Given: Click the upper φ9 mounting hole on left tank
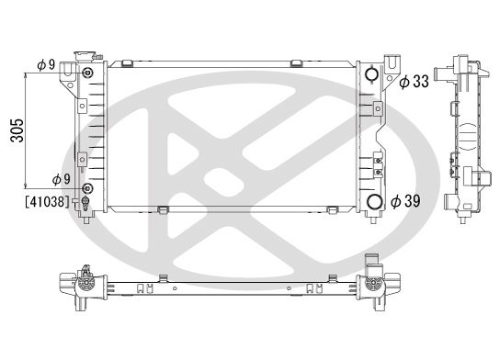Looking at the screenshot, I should point(86,73).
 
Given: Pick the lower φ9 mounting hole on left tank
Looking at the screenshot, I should point(86,188).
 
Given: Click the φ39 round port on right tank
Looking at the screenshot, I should point(373,203).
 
